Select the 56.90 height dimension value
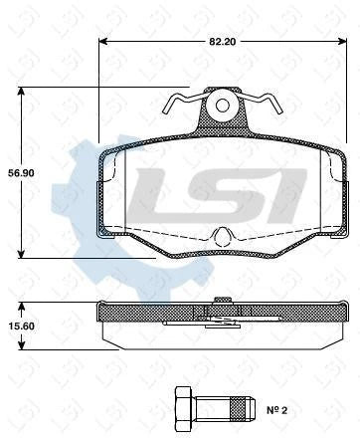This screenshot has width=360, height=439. pyautogui.click(x=22, y=172)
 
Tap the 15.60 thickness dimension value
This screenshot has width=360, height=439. pyautogui.click(x=22, y=326)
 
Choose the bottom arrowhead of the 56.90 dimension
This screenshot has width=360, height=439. pyautogui.click(x=23, y=255)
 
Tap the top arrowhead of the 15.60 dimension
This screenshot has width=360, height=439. pyautogui.click(x=23, y=304)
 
